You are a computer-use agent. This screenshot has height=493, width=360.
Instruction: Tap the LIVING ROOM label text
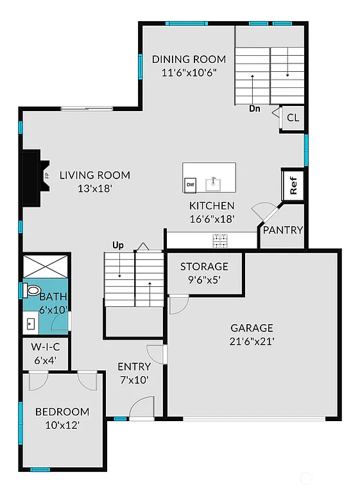coord(95,175)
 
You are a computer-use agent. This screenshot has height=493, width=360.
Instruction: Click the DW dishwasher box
coord(190,185)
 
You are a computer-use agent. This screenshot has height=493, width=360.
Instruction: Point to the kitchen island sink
coord(213,184)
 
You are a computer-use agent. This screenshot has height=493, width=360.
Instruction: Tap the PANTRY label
coord(283,230)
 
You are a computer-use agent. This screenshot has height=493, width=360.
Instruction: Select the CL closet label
coord(293,117)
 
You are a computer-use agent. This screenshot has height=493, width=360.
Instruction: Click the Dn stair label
coord(255,108)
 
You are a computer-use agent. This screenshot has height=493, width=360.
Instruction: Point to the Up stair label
coord(118,245)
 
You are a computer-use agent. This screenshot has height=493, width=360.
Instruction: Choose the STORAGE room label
coord(204,266)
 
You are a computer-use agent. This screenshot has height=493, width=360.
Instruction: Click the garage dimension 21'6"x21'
coord(252,341)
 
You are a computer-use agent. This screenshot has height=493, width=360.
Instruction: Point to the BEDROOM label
coord(62,411)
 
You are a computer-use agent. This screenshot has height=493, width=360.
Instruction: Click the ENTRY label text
coord(133,367)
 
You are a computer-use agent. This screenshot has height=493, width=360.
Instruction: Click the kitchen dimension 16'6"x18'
coord(211,218)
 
